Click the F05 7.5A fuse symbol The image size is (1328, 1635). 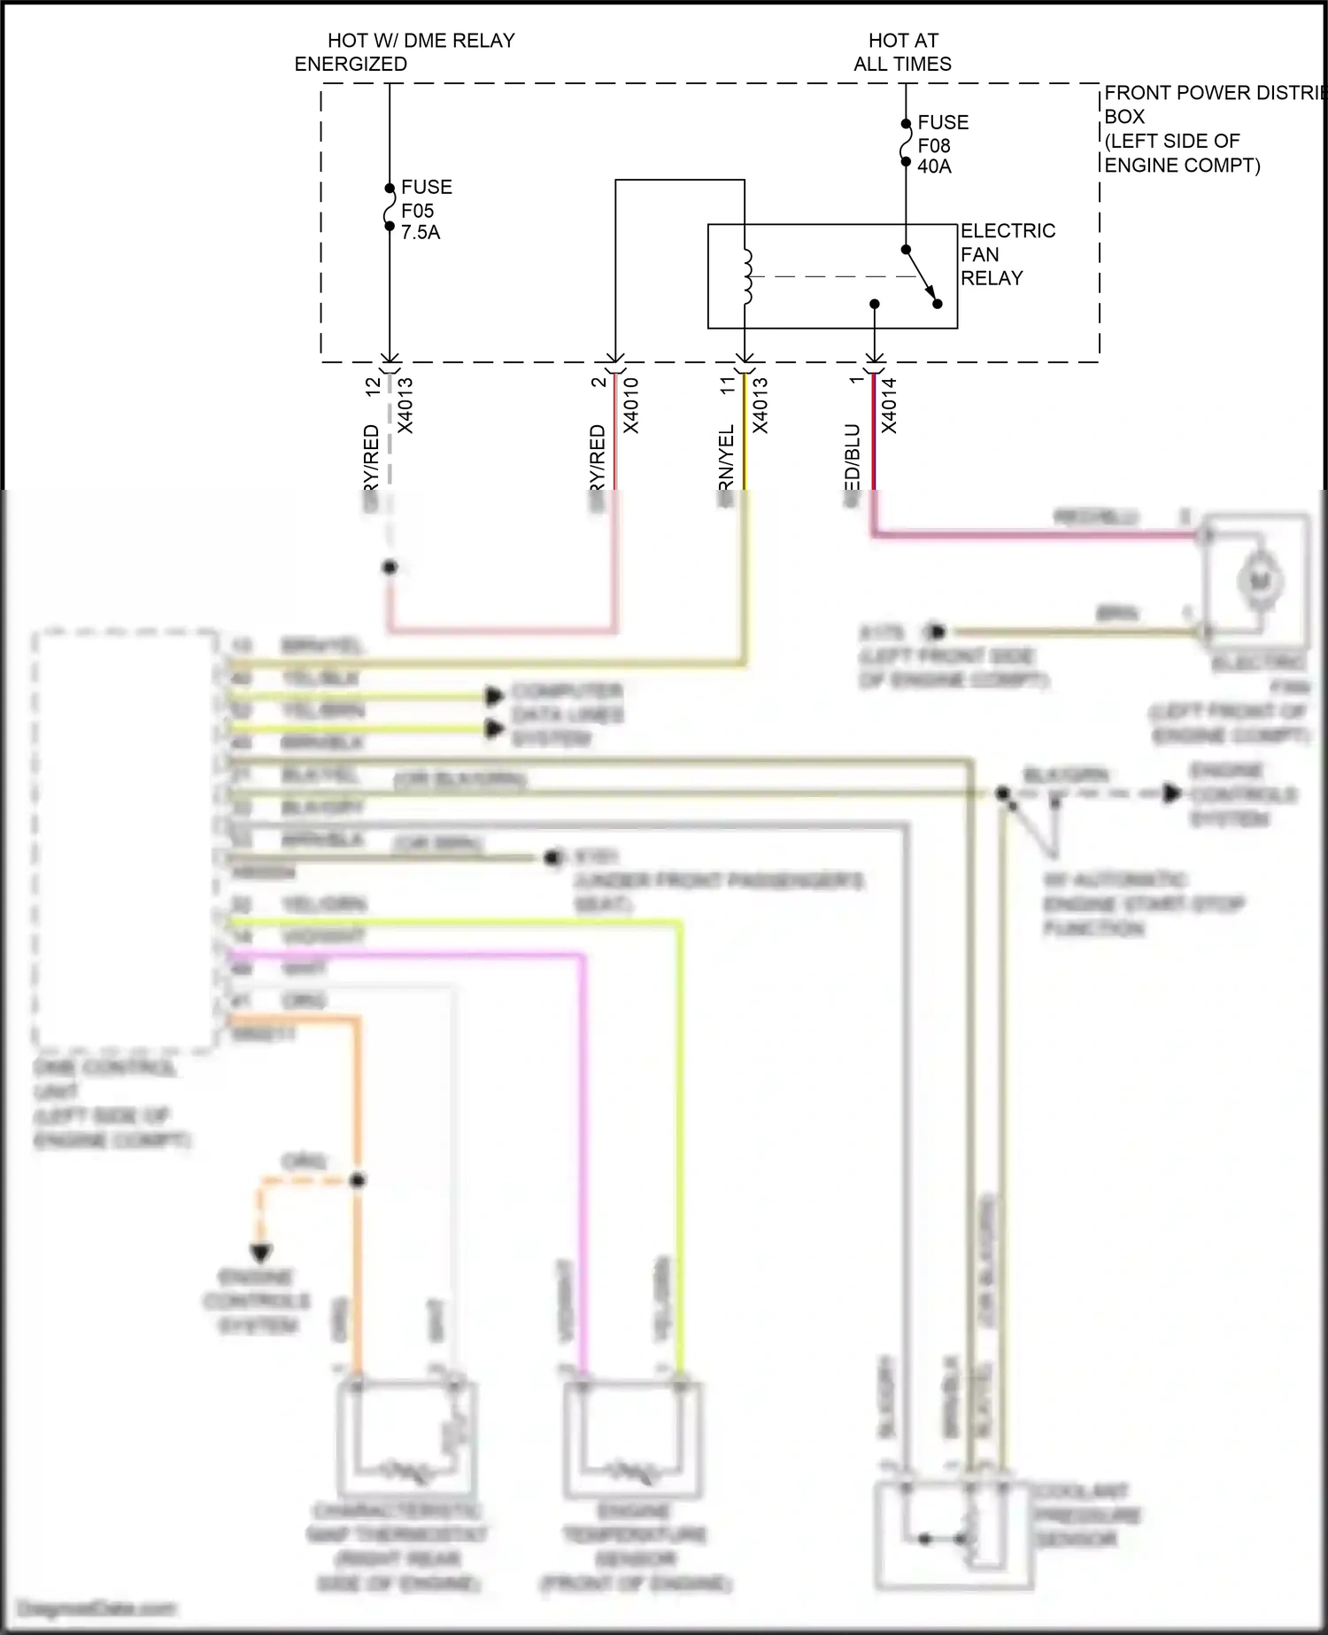point(389,207)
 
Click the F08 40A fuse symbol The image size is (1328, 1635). point(905,143)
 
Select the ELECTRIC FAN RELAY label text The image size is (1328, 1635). point(1007,254)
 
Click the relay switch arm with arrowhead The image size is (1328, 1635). point(921,275)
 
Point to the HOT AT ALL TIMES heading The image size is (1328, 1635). point(902,52)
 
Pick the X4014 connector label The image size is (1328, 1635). point(890,406)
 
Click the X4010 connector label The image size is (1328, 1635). point(631,406)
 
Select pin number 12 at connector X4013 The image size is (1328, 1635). point(373,385)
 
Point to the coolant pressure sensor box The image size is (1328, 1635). point(953,1537)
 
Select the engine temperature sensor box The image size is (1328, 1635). point(633,1439)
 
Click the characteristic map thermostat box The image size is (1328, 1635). point(406,1439)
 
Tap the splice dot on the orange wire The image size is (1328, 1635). point(358,1181)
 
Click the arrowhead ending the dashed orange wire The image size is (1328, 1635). point(261,1253)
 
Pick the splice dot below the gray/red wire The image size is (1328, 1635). point(390,567)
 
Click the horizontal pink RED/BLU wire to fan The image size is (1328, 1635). point(1036,534)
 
